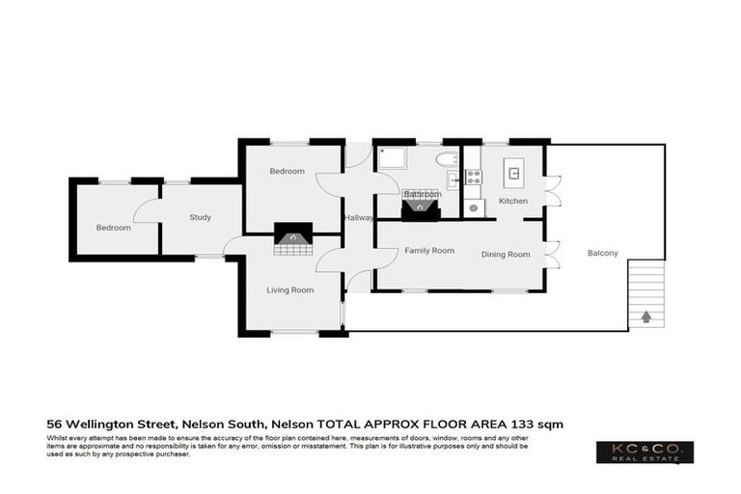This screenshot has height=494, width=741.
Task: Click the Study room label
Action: [x=200, y=217]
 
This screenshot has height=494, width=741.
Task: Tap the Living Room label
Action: [x=289, y=289]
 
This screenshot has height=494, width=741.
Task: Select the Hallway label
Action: [x=359, y=217]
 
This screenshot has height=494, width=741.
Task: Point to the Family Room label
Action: [x=428, y=250]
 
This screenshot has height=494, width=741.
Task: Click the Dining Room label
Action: [x=507, y=254]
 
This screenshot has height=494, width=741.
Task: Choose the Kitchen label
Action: [x=512, y=201]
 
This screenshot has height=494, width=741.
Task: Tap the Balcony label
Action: [x=603, y=254]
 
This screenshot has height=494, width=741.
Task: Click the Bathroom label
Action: [x=422, y=194]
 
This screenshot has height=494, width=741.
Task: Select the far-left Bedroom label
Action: [x=113, y=228]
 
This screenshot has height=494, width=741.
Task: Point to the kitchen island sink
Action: [x=514, y=174]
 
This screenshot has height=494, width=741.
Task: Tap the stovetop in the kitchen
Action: [x=474, y=177]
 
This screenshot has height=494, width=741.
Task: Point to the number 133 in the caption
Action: [x=525, y=424]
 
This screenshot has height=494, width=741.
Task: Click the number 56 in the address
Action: [x=56, y=424]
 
